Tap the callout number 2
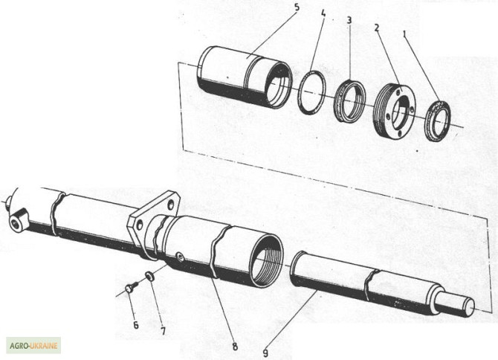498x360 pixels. (x=377, y=27)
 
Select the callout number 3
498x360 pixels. (x=349, y=19)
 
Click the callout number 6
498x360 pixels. (x=135, y=324)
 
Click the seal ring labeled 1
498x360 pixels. (x=437, y=120)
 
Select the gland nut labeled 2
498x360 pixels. (x=395, y=112)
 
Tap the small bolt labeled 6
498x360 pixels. (x=129, y=286)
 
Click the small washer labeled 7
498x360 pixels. (x=149, y=277)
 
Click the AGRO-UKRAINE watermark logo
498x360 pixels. (x=33, y=345)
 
